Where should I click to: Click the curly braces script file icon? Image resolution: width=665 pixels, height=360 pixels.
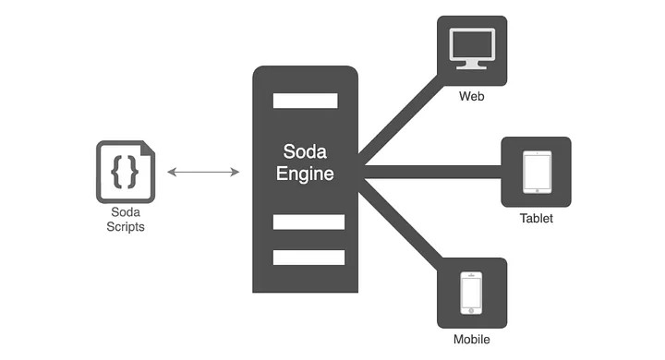tap(125, 172)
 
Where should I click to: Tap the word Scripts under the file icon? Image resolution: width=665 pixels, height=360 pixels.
tap(125, 227)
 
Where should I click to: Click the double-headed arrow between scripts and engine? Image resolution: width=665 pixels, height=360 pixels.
tap(204, 173)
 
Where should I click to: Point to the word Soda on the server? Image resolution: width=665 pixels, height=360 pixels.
tap(305, 150)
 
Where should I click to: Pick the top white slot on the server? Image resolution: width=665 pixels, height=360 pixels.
tap(308, 100)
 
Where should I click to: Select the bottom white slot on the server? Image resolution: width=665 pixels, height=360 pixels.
tap(308, 257)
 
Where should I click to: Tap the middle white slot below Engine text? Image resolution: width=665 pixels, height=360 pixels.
tap(308, 222)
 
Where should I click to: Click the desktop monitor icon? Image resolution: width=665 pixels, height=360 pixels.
tap(471, 48)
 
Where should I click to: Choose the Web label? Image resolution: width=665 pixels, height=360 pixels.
tap(471, 95)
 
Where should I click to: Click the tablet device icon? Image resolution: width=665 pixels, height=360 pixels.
tap(536, 173)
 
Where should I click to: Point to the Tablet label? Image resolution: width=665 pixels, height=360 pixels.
tap(536, 220)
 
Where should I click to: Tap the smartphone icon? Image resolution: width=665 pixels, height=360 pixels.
tap(471, 293)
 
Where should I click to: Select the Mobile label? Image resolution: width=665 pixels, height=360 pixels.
tap(471, 340)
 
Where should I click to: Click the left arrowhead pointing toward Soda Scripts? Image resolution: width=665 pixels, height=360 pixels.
tap(173, 173)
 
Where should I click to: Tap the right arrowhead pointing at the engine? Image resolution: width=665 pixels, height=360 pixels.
tap(236, 173)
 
